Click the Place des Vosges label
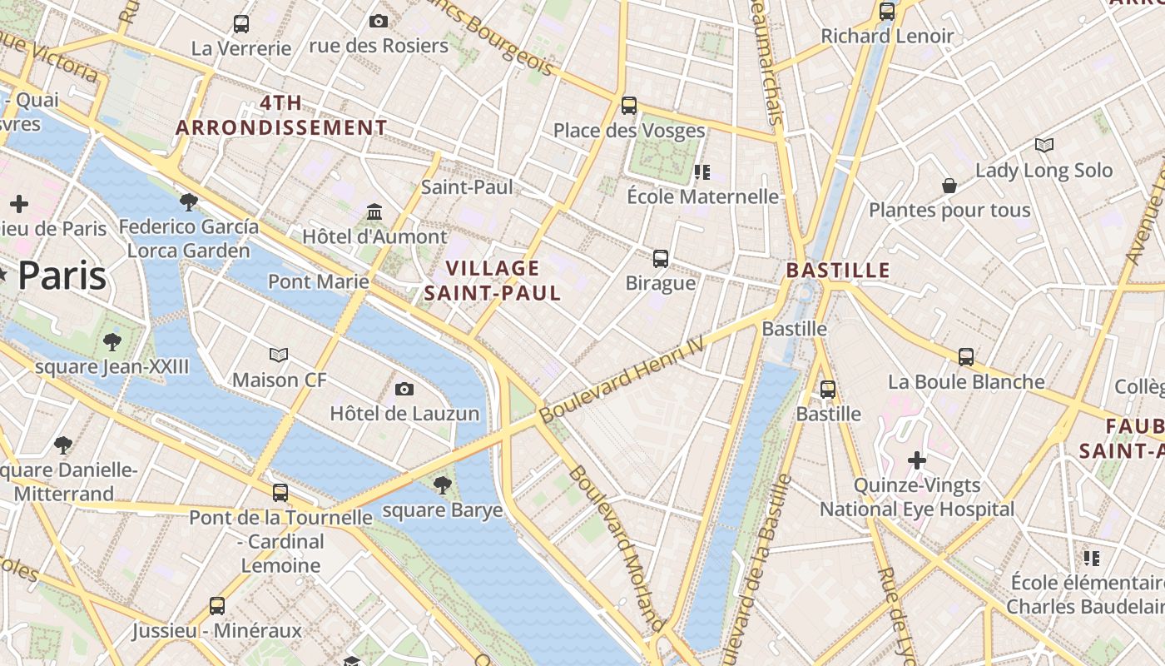[629, 131]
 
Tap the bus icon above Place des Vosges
[629, 106]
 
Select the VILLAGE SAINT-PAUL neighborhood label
[493, 281]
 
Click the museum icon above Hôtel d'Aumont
[374, 212]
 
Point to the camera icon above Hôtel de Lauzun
[404, 389]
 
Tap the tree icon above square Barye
[443, 485]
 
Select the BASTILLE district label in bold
[838, 271]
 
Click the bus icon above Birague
[661, 258]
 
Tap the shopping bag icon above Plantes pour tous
[949, 186]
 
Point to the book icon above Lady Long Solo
[1044, 146]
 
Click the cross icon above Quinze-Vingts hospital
[917, 460]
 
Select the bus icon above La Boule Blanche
[966, 357]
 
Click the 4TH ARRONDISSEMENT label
[281, 116]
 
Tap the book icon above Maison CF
[279, 355]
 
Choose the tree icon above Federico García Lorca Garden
[189, 201]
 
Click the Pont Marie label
[319, 281]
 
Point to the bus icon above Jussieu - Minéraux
[217, 605]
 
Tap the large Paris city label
[62, 276]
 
